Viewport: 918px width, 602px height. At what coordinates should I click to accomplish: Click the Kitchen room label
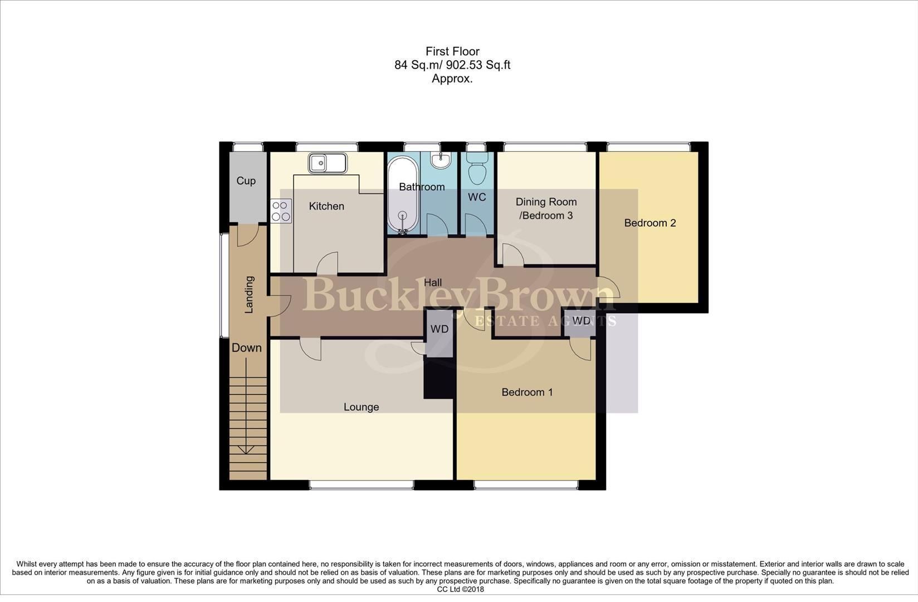point(326,206)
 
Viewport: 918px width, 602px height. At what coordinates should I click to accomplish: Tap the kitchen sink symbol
point(328,163)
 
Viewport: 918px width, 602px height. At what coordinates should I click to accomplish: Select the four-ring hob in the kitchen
point(281,211)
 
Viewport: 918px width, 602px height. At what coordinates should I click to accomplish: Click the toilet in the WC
point(477,168)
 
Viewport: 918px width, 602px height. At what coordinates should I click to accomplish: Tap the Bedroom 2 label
point(650,223)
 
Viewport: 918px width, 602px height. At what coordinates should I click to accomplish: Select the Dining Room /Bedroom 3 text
point(546,208)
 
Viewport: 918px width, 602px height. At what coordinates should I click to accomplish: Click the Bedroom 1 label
point(527,392)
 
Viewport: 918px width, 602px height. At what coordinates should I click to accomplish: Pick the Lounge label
point(361,407)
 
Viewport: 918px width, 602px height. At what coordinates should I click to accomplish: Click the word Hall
point(433,283)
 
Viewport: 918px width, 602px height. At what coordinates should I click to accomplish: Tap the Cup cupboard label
point(246,181)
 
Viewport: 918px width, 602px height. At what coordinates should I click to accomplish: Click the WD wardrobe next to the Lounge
point(440,329)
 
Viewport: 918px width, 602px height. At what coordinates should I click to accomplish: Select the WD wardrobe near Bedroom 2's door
point(581,321)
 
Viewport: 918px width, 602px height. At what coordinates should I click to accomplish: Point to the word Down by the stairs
point(246,348)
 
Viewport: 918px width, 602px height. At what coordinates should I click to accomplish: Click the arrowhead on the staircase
point(247,449)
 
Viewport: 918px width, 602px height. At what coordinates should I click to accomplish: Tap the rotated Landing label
point(250,294)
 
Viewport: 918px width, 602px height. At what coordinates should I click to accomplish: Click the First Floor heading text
point(452,51)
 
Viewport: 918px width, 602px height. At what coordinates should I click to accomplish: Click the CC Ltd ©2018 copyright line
point(460,589)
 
